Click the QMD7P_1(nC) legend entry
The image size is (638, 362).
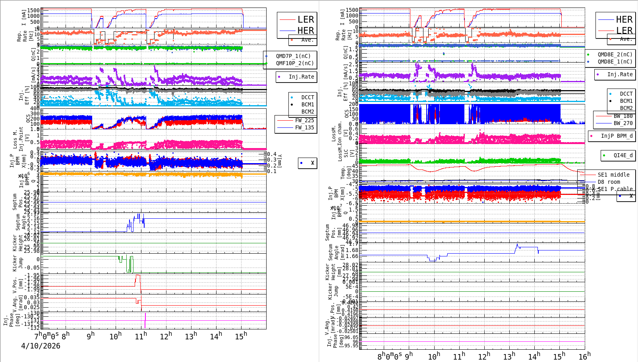click(x=293, y=56)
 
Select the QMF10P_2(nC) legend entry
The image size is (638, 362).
click(x=295, y=63)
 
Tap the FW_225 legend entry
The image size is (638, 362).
click(x=304, y=120)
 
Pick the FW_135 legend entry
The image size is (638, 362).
click(x=304, y=127)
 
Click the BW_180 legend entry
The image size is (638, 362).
click(x=623, y=116)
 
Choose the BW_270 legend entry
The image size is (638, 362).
click(x=623, y=123)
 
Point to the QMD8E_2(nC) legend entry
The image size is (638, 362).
click(x=615, y=54)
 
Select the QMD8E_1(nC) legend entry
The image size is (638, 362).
click(x=615, y=62)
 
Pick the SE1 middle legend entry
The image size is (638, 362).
click(x=613, y=175)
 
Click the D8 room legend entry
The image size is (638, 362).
click(x=609, y=182)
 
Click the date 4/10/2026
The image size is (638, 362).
click(x=41, y=346)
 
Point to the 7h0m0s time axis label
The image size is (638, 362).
click(x=46, y=335)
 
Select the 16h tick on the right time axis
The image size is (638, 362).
click(x=584, y=356)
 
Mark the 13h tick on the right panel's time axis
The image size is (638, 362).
click(x=509, y=356)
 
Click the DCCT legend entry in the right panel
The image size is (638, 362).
click(x=626, y=94)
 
